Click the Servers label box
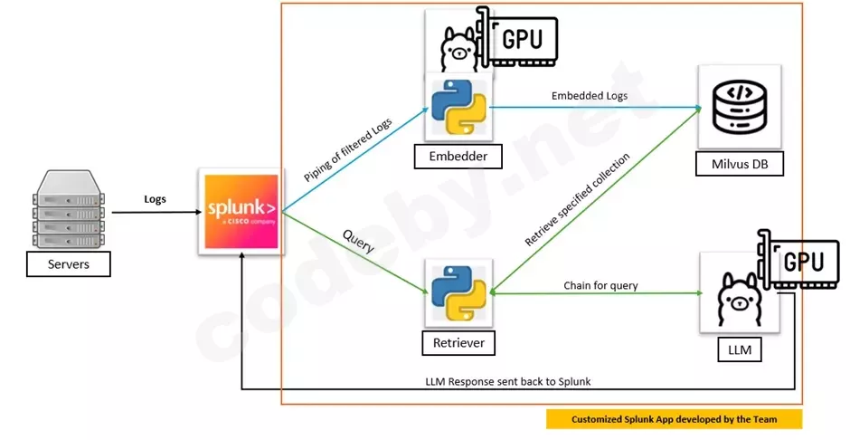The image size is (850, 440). pos(69,264)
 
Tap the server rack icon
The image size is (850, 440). pos(69,209)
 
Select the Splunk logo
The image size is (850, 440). pos(242,211)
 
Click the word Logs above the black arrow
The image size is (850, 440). pos(155,199)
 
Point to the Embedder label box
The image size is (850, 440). pos(458,157)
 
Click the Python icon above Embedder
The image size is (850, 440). pos(458,106)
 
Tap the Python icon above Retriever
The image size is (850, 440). pos(458,293)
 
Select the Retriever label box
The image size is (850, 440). pos(458,343)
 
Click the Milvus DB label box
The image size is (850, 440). pos(740,164)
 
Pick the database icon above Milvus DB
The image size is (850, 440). pos(740,107)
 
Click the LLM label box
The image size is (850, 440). pos(740,350)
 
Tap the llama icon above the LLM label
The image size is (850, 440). pos(739,299)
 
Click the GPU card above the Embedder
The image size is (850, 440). pos(518,37)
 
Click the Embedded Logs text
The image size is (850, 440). pos(590,96)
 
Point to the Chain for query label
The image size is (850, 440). pos(600,285)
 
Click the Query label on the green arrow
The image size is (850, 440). pos(358,241)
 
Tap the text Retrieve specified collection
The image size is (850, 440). pos(578,199)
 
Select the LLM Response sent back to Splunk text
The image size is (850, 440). pos(508,381)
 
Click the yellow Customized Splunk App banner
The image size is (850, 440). pos(674,419)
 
